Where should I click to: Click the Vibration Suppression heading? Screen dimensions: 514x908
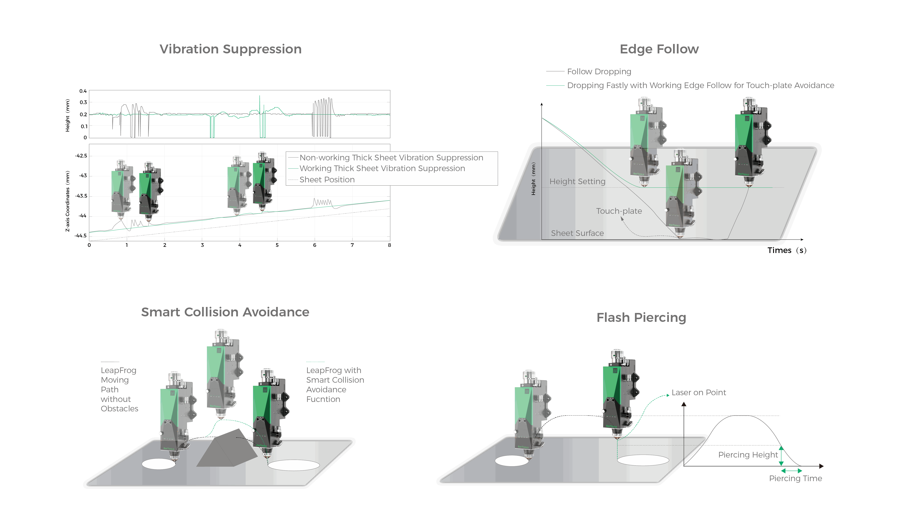230,49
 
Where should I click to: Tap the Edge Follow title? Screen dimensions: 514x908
659,49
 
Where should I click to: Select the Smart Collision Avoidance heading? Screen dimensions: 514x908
225,312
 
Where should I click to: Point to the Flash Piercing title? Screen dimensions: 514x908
641,317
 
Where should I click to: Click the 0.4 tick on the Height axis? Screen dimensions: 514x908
83,91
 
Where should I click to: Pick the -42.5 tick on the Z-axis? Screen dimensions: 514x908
81,156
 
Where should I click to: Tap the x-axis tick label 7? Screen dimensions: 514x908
352,245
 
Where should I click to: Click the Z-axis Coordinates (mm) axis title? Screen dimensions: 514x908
67,201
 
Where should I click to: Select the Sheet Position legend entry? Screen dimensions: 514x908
327,180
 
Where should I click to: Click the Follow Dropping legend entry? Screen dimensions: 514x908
599,72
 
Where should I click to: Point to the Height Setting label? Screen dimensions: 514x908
577,181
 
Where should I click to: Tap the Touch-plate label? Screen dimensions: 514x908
619,211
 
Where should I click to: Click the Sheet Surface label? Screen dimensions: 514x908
577,233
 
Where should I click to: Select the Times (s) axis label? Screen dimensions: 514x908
787,250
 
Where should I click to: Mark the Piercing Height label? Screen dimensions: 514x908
748,455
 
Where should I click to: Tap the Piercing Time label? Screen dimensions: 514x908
795,478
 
